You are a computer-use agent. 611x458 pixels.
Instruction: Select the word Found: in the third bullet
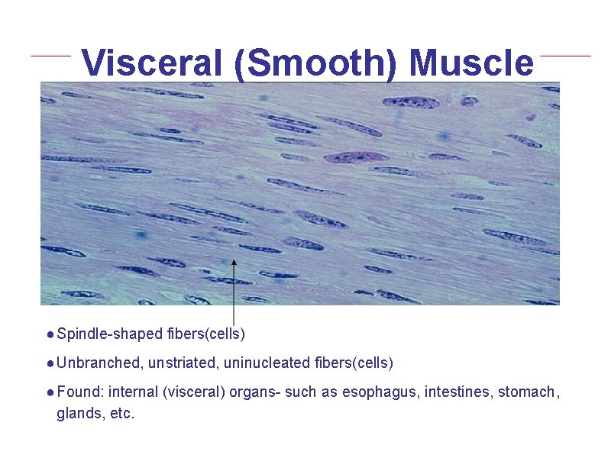coord(80,392)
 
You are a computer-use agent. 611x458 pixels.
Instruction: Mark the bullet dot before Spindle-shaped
coord(49,334)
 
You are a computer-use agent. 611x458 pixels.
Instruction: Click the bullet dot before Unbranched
coord(49,363)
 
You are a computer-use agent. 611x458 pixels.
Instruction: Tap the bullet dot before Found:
coord(49,393)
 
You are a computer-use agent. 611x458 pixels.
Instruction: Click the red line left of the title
coord(50,55)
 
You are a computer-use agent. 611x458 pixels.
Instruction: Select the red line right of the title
coord(565,55)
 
